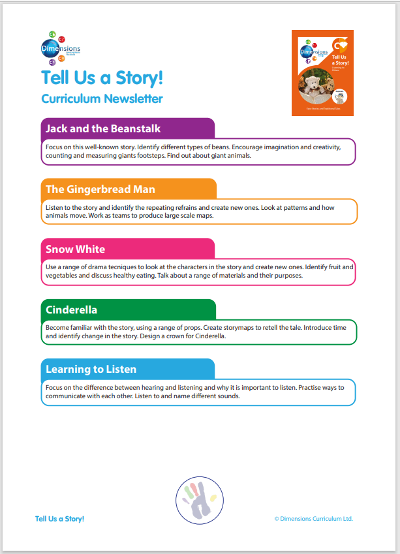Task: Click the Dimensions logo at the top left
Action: coord(60,48)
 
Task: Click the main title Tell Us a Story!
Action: coord(102,78)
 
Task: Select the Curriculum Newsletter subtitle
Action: coord(102,99)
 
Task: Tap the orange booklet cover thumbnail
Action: coord(322,72)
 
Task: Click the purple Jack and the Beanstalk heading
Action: coord(103,128)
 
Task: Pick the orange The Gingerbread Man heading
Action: coord(100,189)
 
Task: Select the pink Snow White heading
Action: coord(75,249)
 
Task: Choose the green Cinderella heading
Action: coord(71,310)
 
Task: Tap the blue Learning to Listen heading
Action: coord(91,370)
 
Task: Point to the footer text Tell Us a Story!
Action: coord(59,519)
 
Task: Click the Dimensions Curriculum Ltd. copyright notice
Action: coord(313,519)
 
